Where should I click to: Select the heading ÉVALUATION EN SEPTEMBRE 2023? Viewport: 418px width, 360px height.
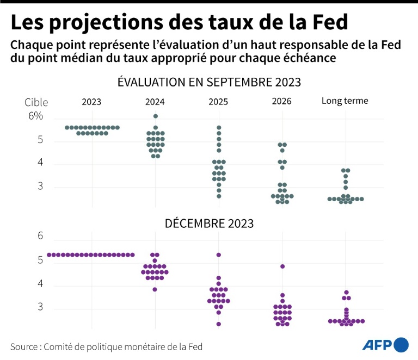tap(210, 82)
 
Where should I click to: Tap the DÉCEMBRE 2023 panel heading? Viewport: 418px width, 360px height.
tap(210, 223)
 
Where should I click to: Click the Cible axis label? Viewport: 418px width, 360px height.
tap(36, 102)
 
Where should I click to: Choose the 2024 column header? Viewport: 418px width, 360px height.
tap(155, 102)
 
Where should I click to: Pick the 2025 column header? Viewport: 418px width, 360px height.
tap(218, 102)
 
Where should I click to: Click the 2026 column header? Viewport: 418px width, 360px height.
tap(281, 102)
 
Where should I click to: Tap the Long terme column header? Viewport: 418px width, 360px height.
tap(345, 101)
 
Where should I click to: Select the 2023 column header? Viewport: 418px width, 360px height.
tap(91, 102)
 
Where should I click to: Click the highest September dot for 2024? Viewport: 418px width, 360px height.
tap(156, 116)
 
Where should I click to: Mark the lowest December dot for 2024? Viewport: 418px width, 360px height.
tap(155, 289)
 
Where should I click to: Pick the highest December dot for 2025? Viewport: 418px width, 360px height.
tap(219, 255)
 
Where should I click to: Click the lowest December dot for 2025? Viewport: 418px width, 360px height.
tap(219, 324)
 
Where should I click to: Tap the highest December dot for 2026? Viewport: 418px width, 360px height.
tap(282, 266)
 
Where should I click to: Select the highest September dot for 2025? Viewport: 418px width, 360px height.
tap(219, 127)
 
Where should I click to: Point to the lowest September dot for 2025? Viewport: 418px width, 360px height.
tap(219, 196)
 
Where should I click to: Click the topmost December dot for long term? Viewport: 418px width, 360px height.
tap(346, 292)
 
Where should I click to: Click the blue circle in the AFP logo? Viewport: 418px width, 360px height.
tap(401, 344)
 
